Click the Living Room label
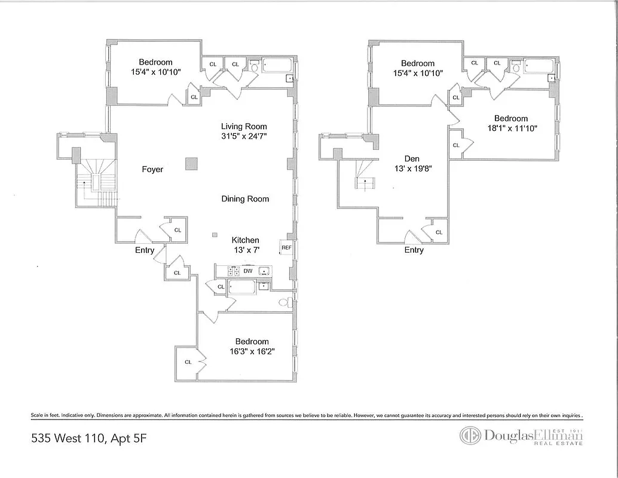tap(244, 126)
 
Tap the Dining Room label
tap(245, 199)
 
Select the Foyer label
tap(152, 169)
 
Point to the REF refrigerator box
tap(286, 247)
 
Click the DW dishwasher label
tap(248, 271)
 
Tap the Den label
tap(412, 158)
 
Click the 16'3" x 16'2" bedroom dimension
tap(252, 351)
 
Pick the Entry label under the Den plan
tap(414, 250)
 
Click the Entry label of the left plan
tap(144, 250)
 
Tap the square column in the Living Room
tap(191, 164)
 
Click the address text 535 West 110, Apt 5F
tap(88, 439)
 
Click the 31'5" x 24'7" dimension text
tap(244, 136)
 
